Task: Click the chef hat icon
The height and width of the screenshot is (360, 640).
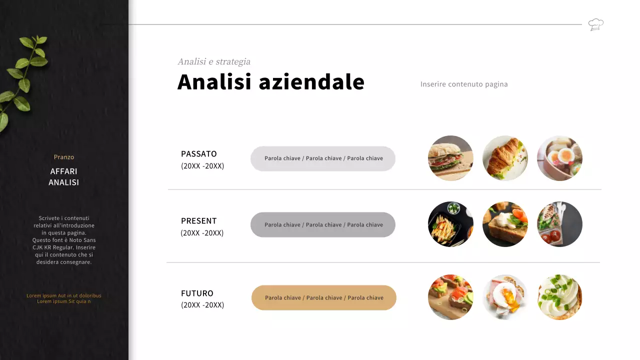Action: pos(595,24)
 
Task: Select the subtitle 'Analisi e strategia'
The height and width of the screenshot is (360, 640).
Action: pos(214,61)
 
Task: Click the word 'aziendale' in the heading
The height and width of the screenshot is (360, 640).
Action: pos(311,82)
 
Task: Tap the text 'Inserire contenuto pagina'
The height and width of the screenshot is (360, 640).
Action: pos(464,84)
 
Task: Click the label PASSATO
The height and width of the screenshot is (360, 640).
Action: pos(199,154)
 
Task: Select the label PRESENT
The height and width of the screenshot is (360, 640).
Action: pos(199,221)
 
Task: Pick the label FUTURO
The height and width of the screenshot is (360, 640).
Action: pos(197,293)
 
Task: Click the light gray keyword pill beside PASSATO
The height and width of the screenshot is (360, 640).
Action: pos(323,158)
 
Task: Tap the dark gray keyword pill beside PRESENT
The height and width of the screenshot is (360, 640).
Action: pos(323,225)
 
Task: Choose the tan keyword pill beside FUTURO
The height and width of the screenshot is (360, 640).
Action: pos(323,297)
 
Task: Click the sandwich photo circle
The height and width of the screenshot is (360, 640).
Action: pos(450,158)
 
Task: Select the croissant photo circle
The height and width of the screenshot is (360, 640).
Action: pos(505,158)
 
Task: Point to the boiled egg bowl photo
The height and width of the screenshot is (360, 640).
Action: pos(559,158)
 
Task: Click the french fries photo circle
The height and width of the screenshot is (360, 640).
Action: pos(450,224)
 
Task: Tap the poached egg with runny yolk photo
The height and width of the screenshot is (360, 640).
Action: pos(505,297)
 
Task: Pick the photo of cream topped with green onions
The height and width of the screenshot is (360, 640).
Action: pos(559,297)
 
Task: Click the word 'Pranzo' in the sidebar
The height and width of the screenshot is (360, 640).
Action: pos(64,157)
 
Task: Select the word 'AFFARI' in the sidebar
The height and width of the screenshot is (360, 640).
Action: pos(64,171)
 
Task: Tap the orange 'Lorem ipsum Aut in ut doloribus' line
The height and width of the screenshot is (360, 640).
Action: pos(64,295)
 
